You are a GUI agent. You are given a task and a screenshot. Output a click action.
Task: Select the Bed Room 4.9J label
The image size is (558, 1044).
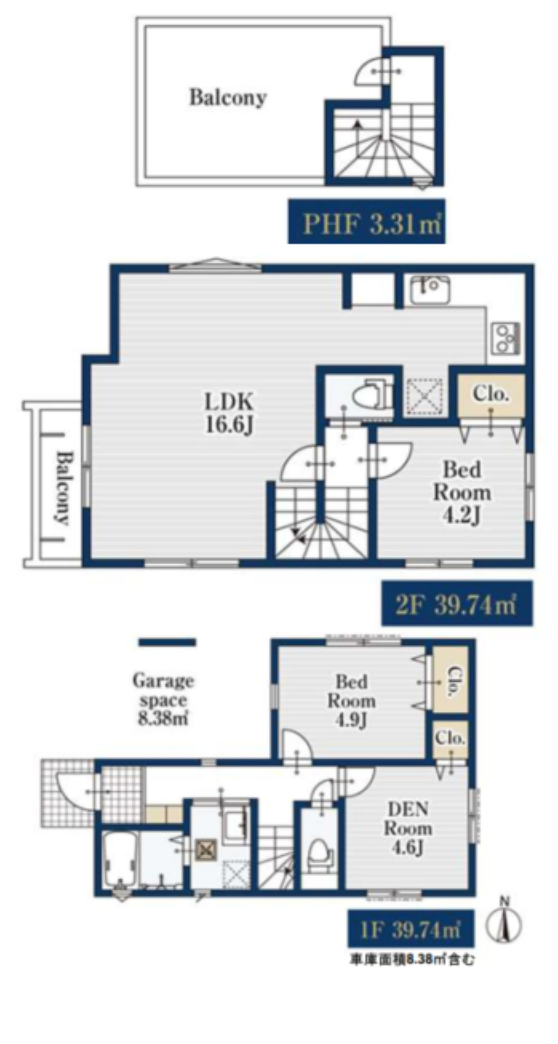point(351,701)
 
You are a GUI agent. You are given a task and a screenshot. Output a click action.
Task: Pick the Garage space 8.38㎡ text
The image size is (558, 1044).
point(163,700)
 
